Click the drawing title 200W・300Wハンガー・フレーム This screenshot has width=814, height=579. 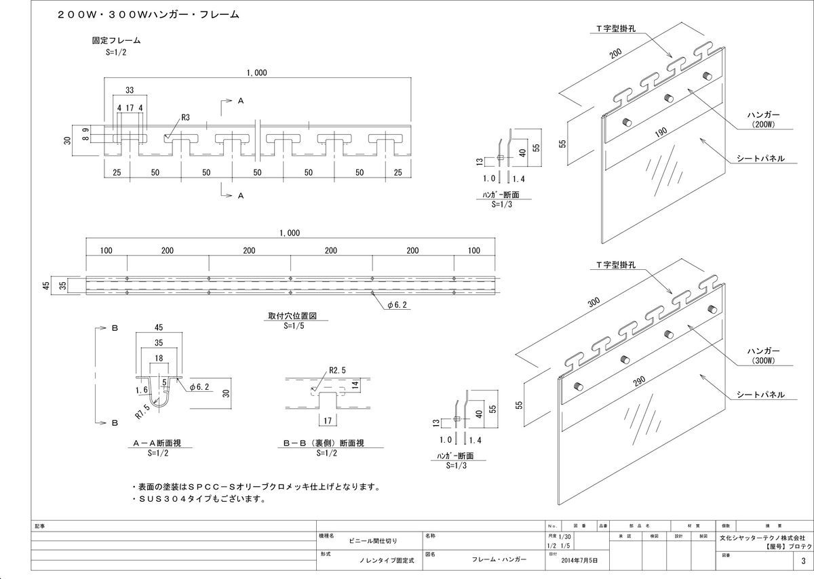[x=148, y=14]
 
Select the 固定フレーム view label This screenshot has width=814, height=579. [x=116, y=41]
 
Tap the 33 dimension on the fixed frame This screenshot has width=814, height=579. [x=129, y=89]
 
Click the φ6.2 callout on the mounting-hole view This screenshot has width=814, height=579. [x=399, y=306]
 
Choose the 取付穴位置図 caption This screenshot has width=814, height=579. [x=293, y=316]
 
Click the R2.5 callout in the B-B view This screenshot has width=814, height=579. [x=338, y=371]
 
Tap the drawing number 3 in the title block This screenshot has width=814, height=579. [x=803, y=561]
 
